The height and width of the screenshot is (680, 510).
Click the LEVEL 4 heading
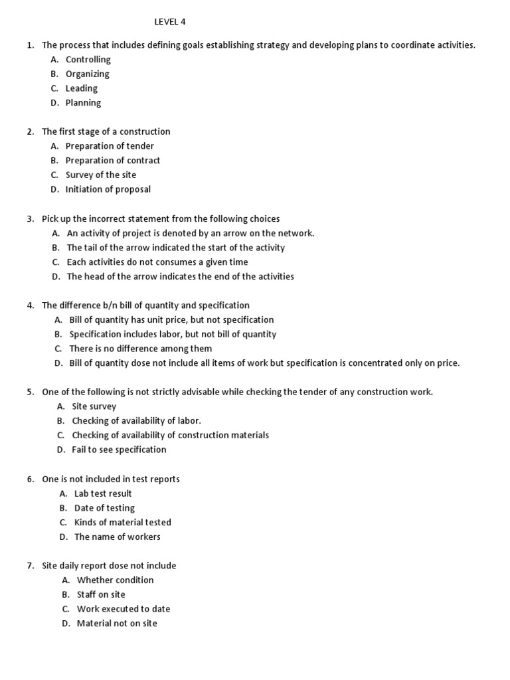(170, 22)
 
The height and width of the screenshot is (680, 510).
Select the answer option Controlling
(88, 60)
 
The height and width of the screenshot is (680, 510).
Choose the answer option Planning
(83, 103)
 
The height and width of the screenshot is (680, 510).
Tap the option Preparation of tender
(110, 146)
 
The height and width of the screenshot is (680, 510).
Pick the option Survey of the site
(100, 175)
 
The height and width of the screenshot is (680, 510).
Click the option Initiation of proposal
(108, 189)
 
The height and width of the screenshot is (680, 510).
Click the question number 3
(30, 218)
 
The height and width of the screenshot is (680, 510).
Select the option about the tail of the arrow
(175, 248)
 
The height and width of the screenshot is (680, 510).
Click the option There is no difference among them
(141, 349)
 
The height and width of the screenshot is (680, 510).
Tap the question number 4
(30, 305)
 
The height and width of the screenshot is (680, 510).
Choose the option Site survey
(94, 406)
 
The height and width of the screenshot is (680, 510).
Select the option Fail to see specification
(119, 450)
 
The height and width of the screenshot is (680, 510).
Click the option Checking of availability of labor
(136, 421)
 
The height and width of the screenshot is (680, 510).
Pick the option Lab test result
(103, 493)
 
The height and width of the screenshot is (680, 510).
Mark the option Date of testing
(104, 508)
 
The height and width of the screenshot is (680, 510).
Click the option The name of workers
(117, 537)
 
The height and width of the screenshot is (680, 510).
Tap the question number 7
(30, 566)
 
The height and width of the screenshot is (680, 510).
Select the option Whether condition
(115, 580)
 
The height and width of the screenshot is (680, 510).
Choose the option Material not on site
(117, 624)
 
